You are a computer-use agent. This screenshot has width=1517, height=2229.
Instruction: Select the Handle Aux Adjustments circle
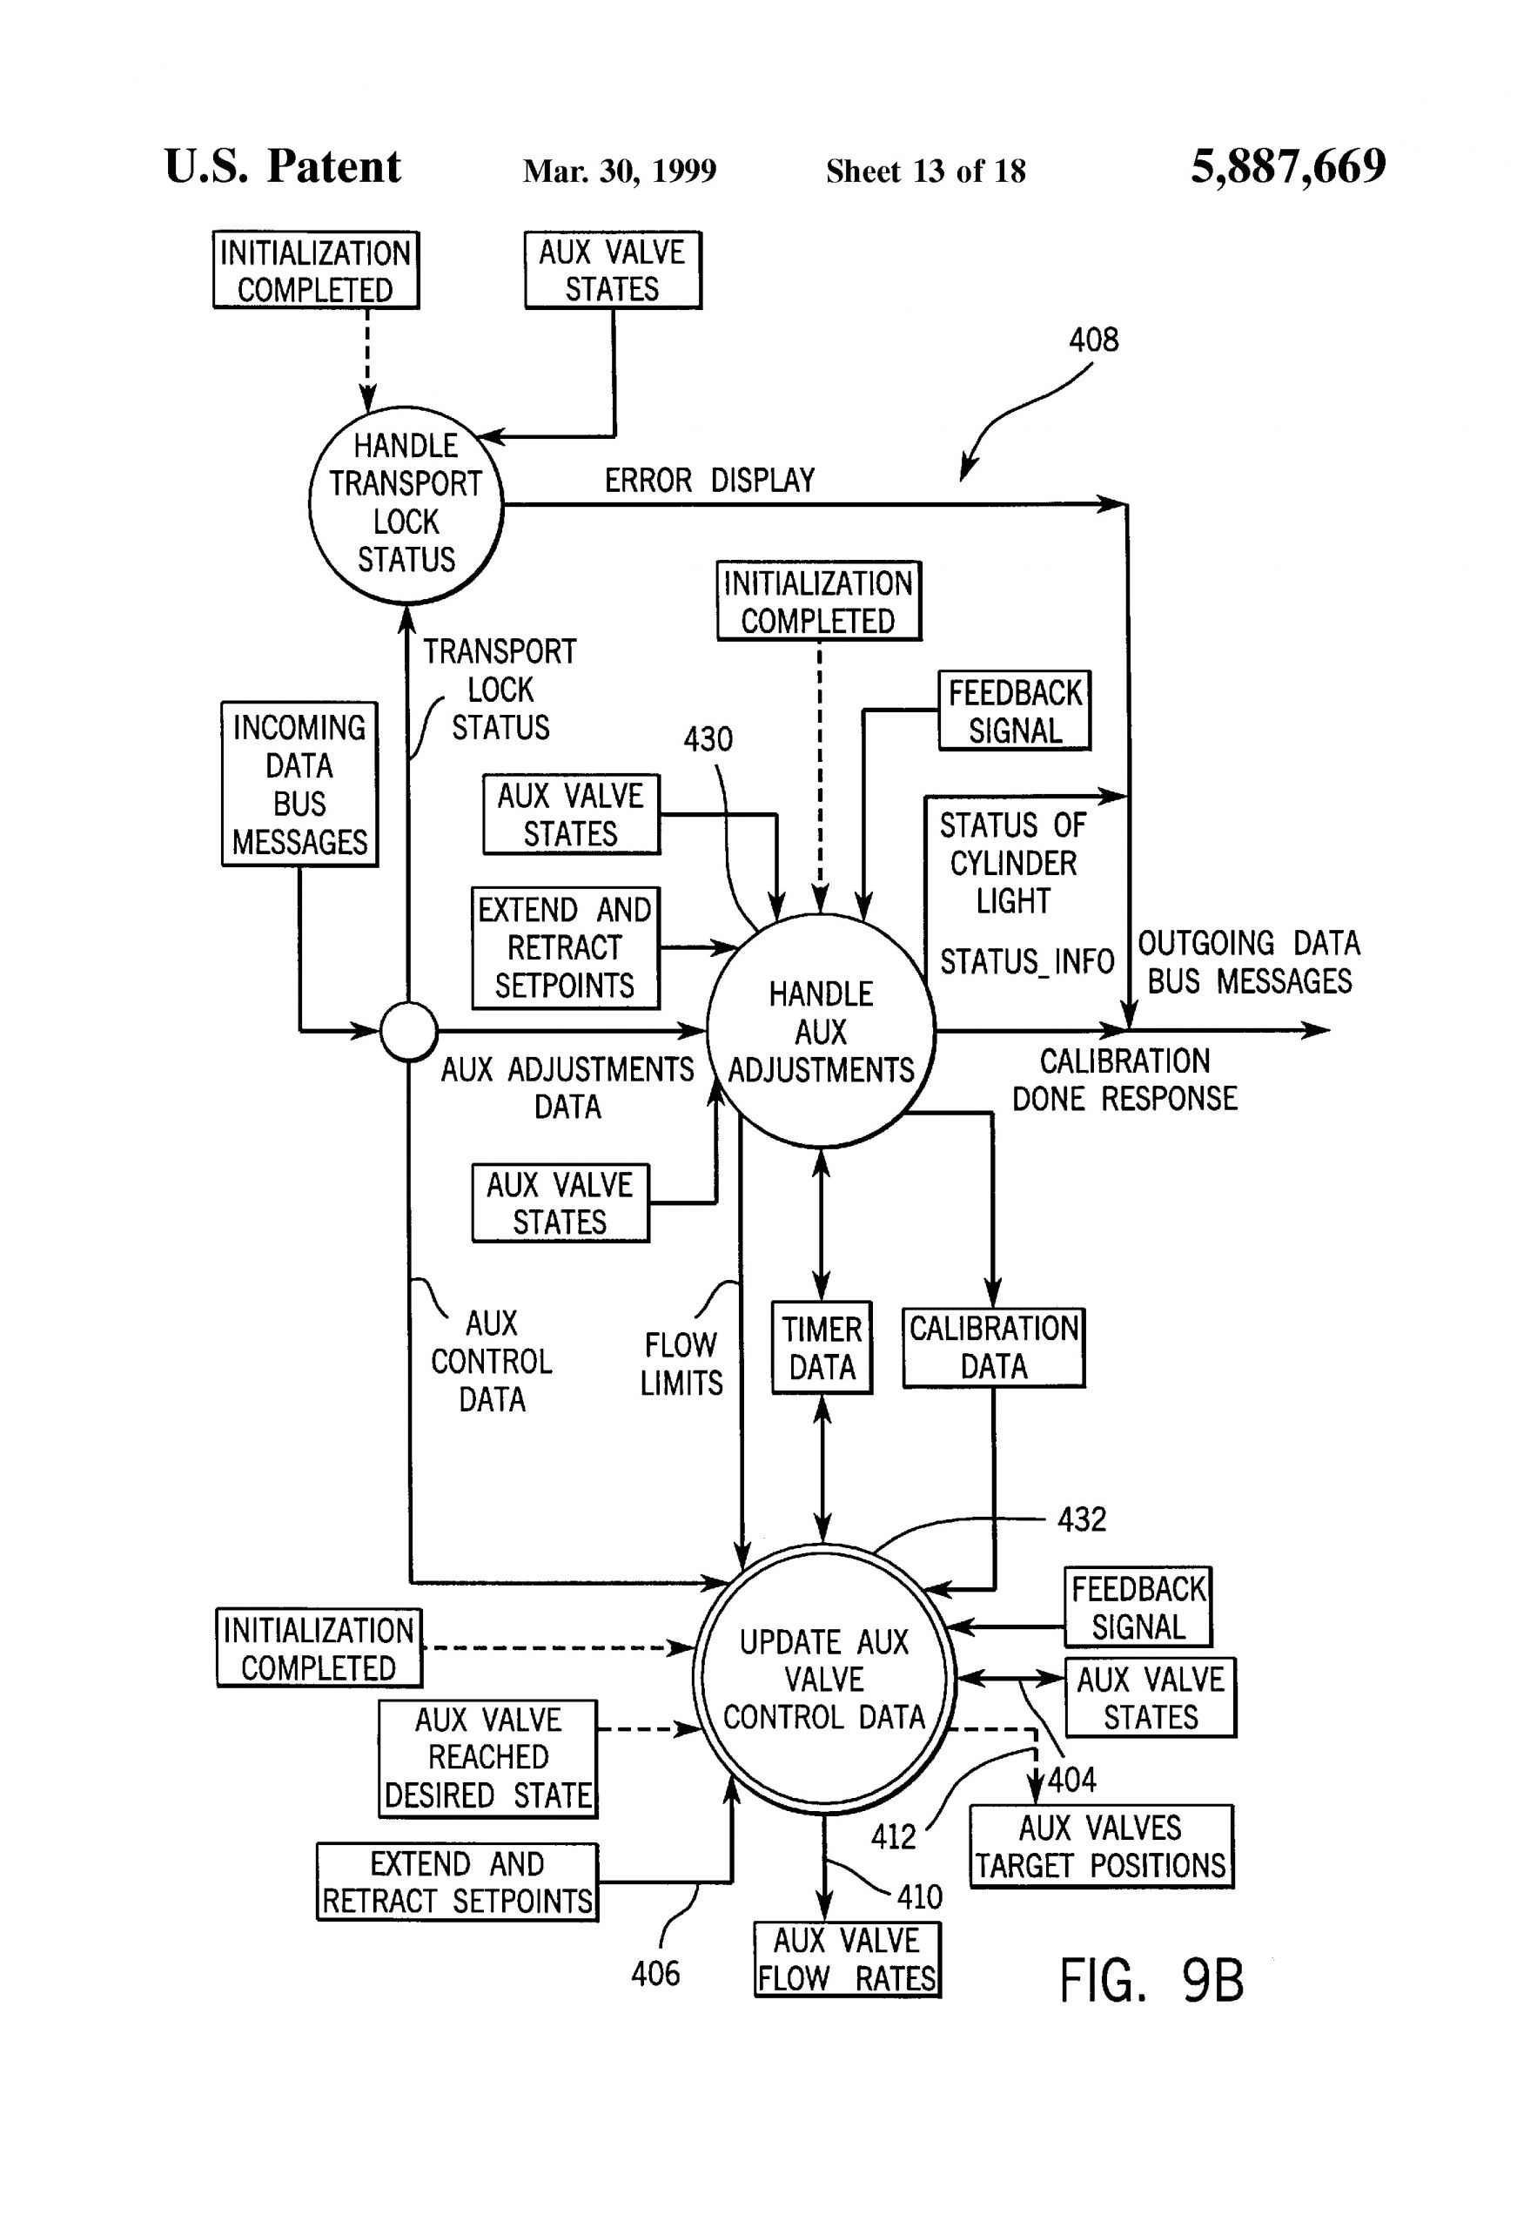coord(821,1031)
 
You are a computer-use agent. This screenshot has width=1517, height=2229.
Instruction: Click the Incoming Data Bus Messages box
coord(299,784)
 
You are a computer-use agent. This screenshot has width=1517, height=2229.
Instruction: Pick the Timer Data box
coord(822,1348)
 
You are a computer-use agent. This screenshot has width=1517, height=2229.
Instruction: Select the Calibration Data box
coord(993,1348)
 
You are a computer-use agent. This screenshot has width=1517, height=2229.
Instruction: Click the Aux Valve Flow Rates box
coord(847,1959)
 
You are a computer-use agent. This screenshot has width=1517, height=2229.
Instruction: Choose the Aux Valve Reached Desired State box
coord(488,1758)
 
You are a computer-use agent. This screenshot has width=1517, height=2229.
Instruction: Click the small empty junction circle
coord(409,1031)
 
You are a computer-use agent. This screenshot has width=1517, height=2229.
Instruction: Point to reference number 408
coord(1093,340)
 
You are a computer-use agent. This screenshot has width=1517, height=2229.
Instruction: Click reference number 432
coord(1082,1519)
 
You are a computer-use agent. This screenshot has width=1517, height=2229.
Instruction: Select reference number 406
coord(655,1973)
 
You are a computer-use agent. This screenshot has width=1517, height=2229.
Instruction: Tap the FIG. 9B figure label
coord(1151,1981)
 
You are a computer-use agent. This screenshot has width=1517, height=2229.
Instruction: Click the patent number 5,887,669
coord(1288,167)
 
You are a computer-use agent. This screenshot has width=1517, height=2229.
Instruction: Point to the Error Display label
coord(709,480)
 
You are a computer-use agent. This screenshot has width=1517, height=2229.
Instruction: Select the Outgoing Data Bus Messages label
coord(1249,962)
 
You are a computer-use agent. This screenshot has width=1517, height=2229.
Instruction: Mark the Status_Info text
coord(1026,961)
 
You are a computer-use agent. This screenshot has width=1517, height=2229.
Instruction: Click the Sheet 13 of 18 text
coord(925,172)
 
